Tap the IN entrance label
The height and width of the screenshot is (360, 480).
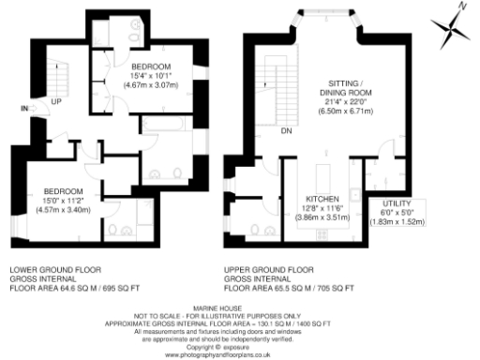coord(22,109)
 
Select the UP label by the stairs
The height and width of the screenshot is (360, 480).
coord(57,101)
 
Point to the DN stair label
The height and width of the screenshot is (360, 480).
coord(285,131)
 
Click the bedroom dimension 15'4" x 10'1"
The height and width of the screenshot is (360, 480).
coord(150,76)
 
